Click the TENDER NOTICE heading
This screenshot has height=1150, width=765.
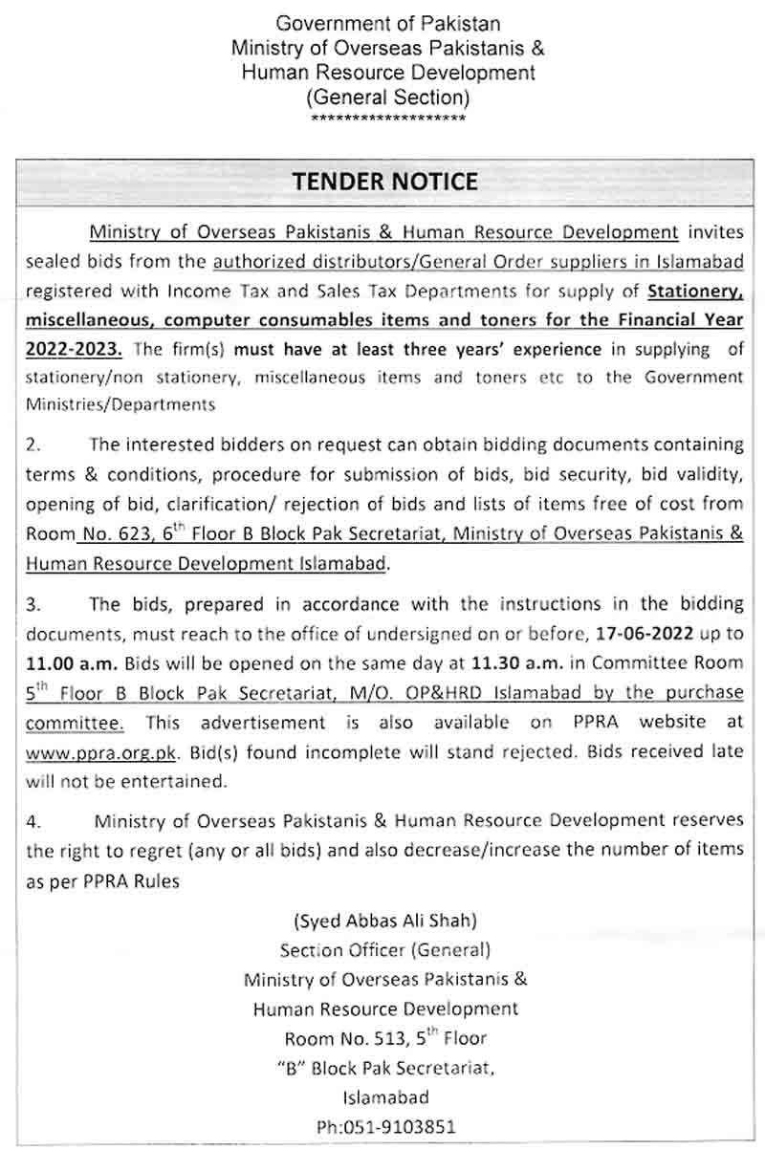(x=384, y=182)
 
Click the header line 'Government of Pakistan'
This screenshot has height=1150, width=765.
(x=387, y=23)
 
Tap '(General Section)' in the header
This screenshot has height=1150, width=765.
(x=387, y=97)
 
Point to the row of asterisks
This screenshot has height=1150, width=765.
(x=388, y=118)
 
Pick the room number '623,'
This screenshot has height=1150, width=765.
(x=121, y=535)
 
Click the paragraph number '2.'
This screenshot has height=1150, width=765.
(x=35, y=445)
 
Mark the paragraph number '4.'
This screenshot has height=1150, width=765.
(x=35, y=820)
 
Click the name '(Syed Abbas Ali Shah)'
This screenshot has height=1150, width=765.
(x=385, y=922)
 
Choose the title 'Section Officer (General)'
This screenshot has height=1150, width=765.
(x=385, y=950)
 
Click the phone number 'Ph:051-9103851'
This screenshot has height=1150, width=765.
(x=386, y=1126)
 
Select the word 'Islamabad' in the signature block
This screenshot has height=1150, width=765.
(x=386, y=1096)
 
